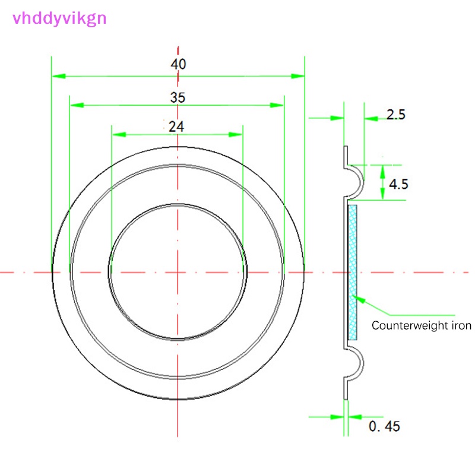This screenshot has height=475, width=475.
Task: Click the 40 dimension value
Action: pos(178,64)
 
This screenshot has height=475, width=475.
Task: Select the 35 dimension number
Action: pos(178,97)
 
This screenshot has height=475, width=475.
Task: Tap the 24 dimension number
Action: pos(176,126)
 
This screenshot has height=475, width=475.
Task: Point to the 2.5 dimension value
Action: pos(395,115)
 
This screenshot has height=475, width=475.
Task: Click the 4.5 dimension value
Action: pos(398,184)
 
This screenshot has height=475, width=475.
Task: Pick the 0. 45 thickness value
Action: pos(384,426)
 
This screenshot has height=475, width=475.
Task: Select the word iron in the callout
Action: pos(461,325)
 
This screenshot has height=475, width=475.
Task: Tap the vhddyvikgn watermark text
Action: pos(59,19)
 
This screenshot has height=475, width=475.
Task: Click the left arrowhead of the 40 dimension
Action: pos(59,76)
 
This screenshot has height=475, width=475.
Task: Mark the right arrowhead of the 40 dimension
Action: pos(297,76)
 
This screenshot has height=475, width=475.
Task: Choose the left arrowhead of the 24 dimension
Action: pos(119,135)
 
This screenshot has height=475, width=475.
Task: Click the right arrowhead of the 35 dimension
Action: pos(277,105)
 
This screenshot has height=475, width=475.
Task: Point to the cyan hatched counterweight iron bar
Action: pos(353,273)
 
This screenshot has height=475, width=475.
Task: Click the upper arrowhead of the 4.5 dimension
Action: pos(382,172)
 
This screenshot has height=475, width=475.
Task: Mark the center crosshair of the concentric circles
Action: pos(178,273)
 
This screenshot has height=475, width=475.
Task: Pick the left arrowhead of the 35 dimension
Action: pos(77,105)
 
